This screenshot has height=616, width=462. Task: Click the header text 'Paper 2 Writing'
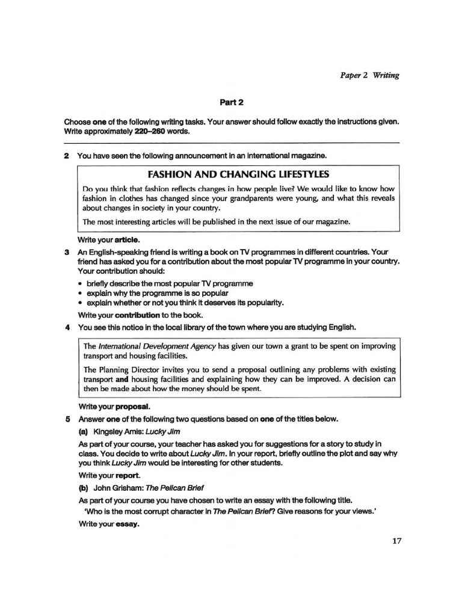366,75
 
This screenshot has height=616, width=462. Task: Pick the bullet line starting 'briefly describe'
170,283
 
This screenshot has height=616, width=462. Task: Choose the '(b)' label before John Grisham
84,487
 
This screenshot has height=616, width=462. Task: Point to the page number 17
396,540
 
